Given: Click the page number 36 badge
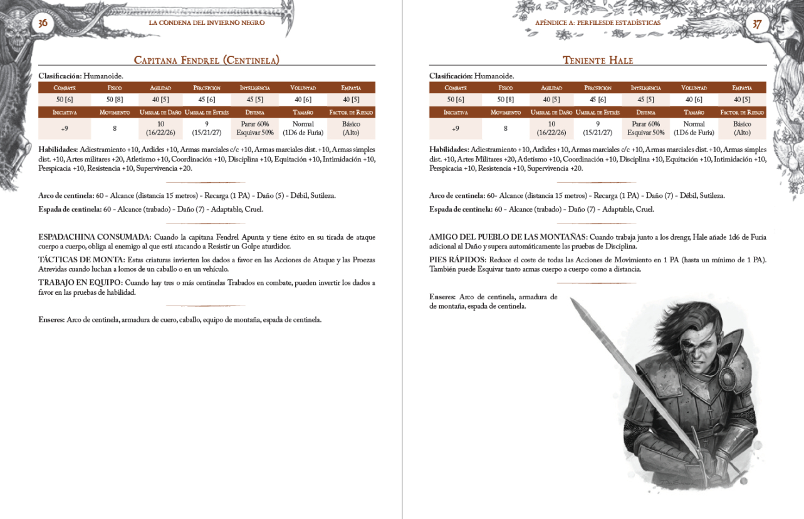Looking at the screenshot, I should pos(43,23).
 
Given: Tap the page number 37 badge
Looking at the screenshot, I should pos(757,24).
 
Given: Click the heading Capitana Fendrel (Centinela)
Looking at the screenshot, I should pos(207,60).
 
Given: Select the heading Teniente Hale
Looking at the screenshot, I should pos(597,60).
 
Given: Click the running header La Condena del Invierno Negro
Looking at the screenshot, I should pos(207,23).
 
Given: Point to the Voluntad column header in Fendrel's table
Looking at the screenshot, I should pos(303,88).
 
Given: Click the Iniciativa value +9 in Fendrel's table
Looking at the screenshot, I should pos(65,129).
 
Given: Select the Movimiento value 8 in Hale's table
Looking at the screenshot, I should pos(506,129).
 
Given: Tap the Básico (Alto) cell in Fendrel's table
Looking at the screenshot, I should pos(351,129).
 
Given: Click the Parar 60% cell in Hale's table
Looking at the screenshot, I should pos(645,125).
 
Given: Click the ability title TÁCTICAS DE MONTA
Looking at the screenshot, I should pos(81,260).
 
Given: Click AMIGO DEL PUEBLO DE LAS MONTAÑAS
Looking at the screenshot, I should pos(507,237).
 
